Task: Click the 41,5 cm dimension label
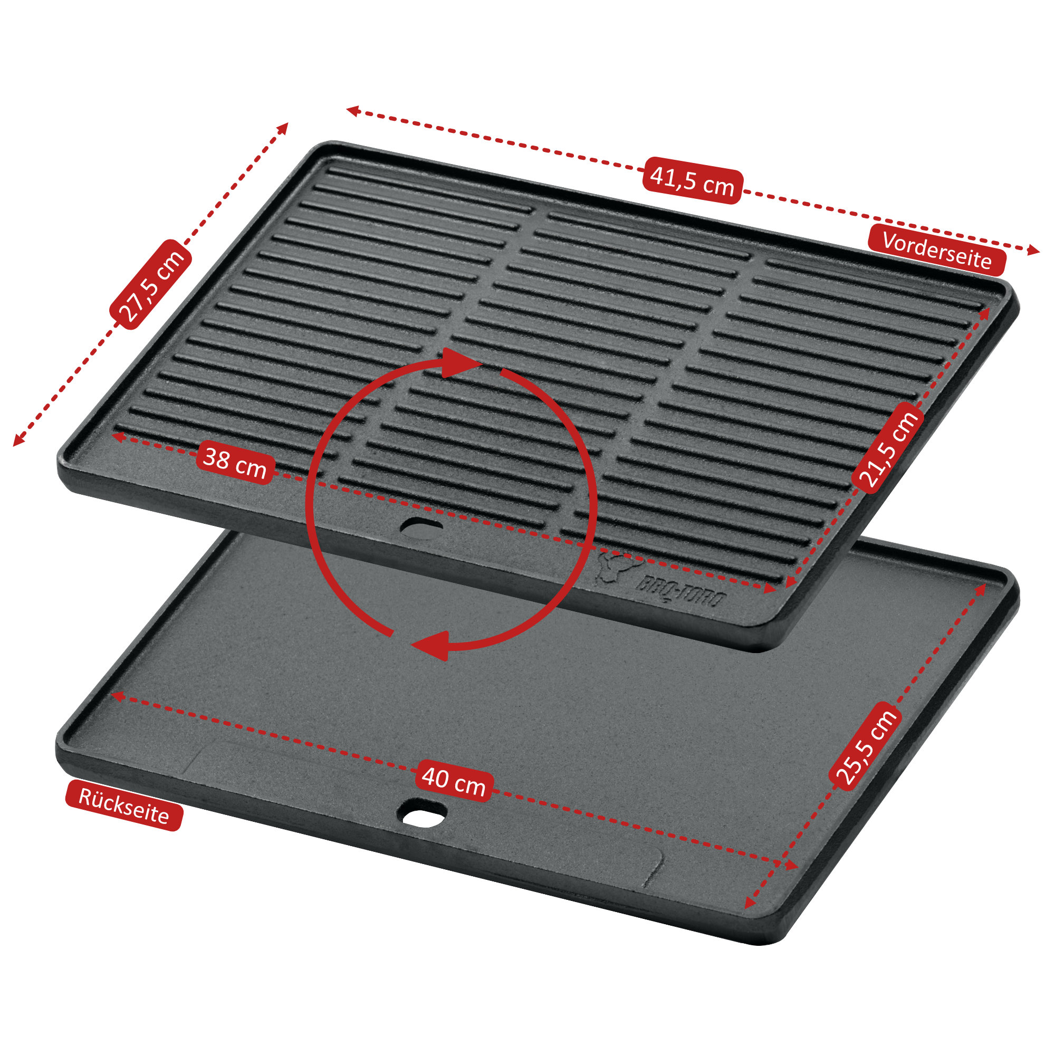pos(692,181)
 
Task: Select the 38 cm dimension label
pos(235,462)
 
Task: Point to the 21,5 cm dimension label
pos(888,448)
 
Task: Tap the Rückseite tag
pos(123,806)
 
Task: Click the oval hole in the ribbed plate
pos(422,527)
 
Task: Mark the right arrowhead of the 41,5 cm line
pos(1033,250)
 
